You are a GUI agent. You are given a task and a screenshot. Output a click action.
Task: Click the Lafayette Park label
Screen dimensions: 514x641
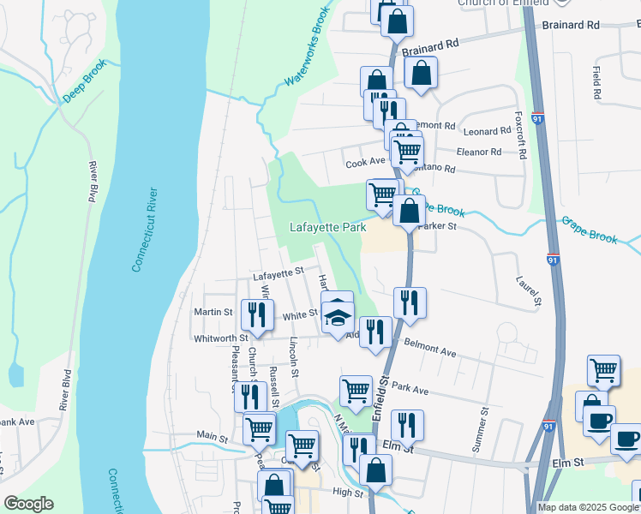pos(326,228)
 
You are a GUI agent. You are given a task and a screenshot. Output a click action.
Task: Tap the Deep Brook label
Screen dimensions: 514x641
pos(84,81)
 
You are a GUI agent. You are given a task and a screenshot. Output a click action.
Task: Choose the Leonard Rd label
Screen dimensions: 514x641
pos(486,132)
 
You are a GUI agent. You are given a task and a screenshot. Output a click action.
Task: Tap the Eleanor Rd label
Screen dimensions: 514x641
pos(479,152)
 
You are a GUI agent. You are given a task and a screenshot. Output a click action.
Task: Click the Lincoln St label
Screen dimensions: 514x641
pos(293,357)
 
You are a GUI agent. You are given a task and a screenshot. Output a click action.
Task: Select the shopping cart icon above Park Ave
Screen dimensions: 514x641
pos(355,391)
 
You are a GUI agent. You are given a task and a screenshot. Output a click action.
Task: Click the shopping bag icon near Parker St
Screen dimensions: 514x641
pos(410,210)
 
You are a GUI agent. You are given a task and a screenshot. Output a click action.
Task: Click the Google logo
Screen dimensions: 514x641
pos(28,503)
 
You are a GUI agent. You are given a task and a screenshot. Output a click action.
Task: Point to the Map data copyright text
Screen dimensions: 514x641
pos(588,507)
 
